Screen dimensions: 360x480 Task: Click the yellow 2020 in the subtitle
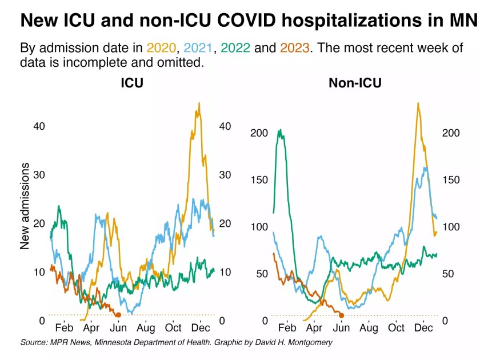162,47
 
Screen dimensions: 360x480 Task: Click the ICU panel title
131,83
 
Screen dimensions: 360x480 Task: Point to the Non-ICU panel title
355,83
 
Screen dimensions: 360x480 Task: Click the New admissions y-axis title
25,206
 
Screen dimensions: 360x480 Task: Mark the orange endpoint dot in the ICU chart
118,315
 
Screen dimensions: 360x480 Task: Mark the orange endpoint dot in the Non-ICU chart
341,315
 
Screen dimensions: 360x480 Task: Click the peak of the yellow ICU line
199,104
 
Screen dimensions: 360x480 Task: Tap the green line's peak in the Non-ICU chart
280,130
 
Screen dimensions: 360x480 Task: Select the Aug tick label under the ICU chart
146,328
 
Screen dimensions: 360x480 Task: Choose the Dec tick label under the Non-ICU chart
423,328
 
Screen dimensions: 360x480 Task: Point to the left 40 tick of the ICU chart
39,126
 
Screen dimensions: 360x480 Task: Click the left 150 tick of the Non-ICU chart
259,180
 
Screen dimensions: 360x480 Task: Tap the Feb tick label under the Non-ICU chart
286,328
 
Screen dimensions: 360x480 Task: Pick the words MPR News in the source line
67,342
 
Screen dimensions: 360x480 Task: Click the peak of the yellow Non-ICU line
418,103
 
